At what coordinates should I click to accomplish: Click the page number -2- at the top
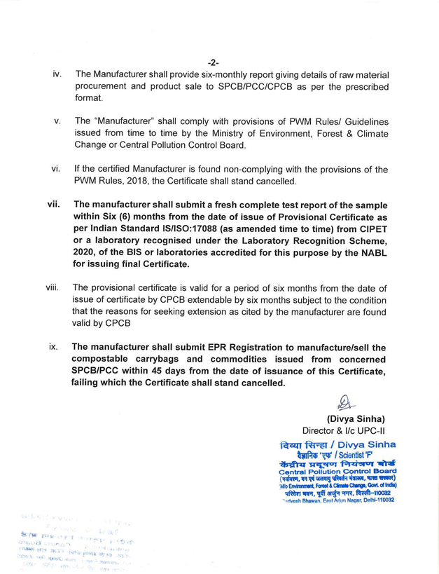[214, 62]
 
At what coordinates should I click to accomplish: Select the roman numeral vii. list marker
[54, 205]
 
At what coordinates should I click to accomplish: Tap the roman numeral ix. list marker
[54, 346]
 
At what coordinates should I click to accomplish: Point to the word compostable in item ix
[104, 359]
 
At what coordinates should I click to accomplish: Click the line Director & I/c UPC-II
[344, 430]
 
